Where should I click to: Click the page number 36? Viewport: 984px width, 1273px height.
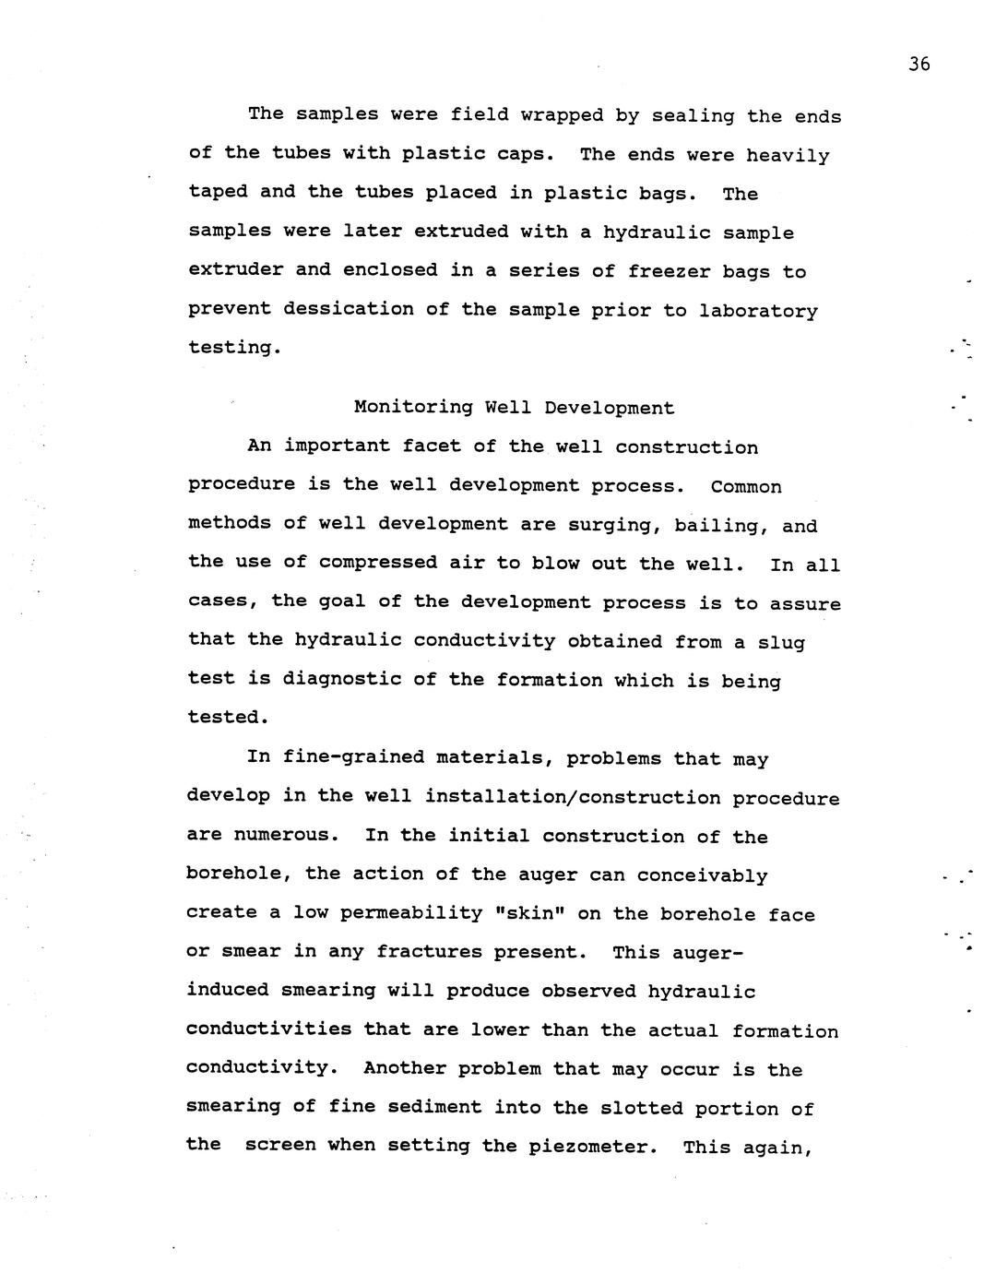point(919,64)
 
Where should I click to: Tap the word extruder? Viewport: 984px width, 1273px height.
point(235,270)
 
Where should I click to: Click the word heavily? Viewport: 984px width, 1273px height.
point(788,155)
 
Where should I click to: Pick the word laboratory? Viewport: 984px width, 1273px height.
point(758,311)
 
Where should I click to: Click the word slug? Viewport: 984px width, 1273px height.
point(782,642)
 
